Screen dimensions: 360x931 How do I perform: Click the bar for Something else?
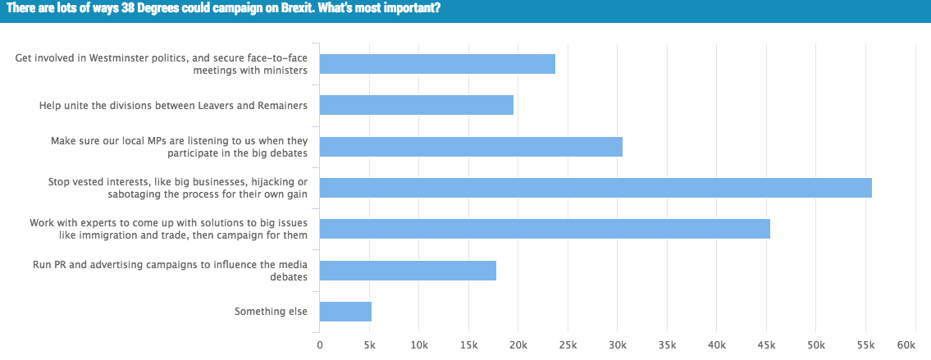[345, 312]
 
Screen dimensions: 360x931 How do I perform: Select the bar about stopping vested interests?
[595, 188]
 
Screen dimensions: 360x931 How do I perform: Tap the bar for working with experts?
[544, 229]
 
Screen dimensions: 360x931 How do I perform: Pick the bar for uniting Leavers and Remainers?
[416, 105]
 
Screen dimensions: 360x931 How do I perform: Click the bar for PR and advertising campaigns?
[408, 271]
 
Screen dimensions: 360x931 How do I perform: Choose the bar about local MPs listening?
[470, 147]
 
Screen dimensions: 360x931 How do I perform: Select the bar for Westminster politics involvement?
[436, 64]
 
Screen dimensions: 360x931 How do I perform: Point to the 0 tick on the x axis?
[319, 345]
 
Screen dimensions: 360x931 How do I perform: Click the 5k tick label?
[369, 345]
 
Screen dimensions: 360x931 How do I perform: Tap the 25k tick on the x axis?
[568, 345]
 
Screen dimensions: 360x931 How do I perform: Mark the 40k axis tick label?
[717, 345]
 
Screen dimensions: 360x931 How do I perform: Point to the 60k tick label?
[906, 345]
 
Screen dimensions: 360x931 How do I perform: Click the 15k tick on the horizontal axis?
[468, 345]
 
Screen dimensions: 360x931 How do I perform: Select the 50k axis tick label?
[816, 345]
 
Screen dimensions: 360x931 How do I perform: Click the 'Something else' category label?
[271, 312]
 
